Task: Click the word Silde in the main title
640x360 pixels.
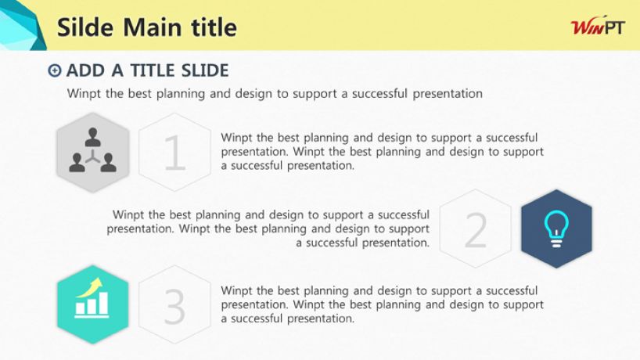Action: [x=85, y=27]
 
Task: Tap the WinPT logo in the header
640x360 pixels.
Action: [x=598, y=27]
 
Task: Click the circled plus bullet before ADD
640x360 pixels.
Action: [x=55, y=70]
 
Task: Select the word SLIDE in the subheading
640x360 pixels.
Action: [x=205, y=70]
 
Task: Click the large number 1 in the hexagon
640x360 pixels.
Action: [x=175, y=153]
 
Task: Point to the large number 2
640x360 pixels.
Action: [x=476, y=230]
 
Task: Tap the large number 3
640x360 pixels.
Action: [x=174, y=306]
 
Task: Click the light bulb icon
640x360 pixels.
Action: [x=556, y=229]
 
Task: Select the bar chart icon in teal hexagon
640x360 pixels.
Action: [x=92, y=298]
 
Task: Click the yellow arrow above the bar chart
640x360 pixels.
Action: [x=91, y=286]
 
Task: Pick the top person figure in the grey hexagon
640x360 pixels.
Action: [x=93, y=137]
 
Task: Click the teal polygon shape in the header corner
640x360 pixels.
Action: [x=21, y=25]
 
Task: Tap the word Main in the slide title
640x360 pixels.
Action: [x=153, y=27]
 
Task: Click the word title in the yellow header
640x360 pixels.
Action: [x=214, y=27]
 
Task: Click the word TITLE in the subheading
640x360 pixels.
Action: [x=153, y=70]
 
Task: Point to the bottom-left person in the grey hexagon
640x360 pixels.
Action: [x=77, y=163]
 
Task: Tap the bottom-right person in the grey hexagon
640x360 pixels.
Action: [x=109, y=163]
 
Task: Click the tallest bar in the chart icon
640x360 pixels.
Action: [x=104, y=304]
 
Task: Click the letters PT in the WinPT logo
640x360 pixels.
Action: [x=614, y=27]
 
